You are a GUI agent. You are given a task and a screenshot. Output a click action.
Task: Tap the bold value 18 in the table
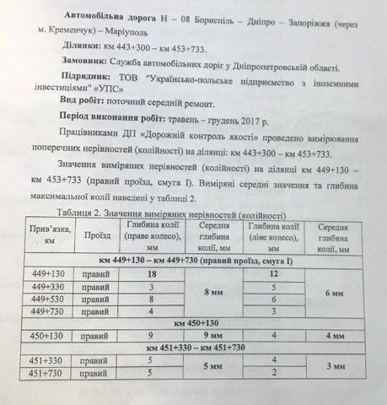coord(152,274)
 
